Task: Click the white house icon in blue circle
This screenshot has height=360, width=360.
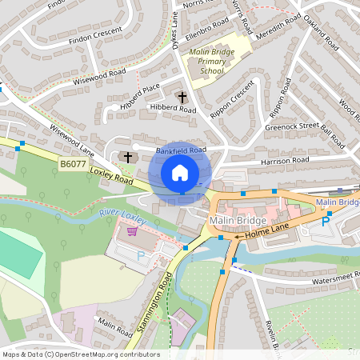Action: pyautogui.click(x=180, y=172)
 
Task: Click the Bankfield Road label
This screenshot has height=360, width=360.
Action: pyautogui.click(x=182, y=150)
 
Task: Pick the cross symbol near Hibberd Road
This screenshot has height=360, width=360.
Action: pyautogui.click(x=182, y=98)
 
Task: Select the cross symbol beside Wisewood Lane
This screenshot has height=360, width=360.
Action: pyautogui.click(x=127, y=158)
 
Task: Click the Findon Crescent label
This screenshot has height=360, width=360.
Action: pyautogui.click(x=95, y=34)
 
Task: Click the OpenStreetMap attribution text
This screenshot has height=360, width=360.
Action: pyautogui.click(x=82, y=354)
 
